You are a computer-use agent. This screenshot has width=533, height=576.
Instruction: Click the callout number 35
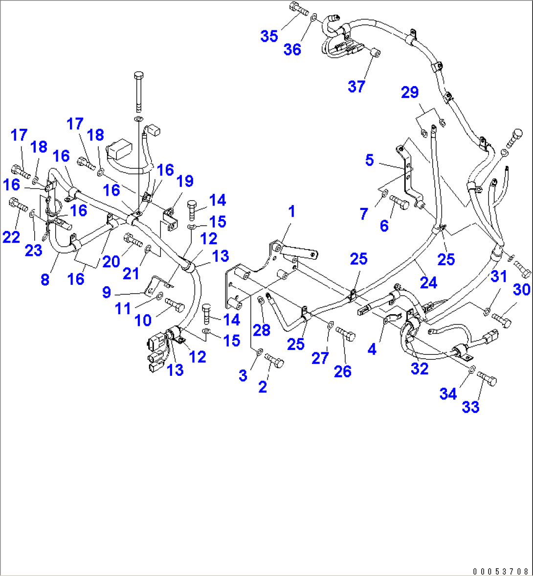pos(269,36)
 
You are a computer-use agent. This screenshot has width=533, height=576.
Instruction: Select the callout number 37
pos(356,86)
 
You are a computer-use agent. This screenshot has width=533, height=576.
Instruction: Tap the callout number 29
pos(410,92)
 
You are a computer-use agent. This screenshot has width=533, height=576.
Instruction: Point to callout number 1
pos(291,211)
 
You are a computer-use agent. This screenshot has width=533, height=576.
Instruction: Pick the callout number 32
pos(420,368)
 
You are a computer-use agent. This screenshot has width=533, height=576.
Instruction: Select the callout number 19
pos(185,181)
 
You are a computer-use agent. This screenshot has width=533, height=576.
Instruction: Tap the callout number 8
pos(45,279)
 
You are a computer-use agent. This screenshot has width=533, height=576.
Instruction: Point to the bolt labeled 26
pos(347,336)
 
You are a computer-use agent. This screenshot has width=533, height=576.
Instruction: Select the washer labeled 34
pos(470,370)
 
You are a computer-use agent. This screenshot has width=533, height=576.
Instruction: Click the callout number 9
pos(107,293)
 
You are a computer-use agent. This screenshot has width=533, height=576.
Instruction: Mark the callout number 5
pos(369,160)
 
